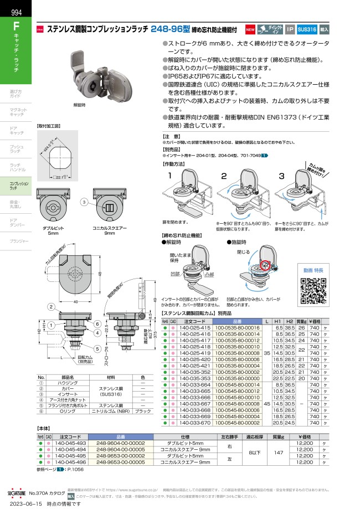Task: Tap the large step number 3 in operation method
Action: [281, 176]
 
